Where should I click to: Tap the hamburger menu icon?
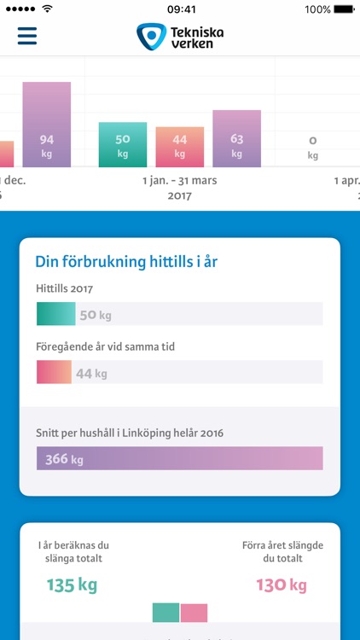[27, 36]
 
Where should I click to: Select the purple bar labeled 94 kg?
[47, 124]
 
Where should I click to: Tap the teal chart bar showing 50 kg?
[123, 144]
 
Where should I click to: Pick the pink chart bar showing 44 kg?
[180, 146]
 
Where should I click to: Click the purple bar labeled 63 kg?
[236, 138]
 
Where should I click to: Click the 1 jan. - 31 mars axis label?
[179, 180]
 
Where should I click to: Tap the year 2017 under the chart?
[179, 195]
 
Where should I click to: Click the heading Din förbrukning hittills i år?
[126, 262]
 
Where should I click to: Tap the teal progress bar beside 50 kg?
[55, 314]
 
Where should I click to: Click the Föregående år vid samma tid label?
[105, 348]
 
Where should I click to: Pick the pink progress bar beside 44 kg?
[54, 373]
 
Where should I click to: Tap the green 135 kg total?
[73, 585]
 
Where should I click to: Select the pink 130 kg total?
[282, 585]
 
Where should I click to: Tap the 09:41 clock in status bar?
[180, 9]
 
